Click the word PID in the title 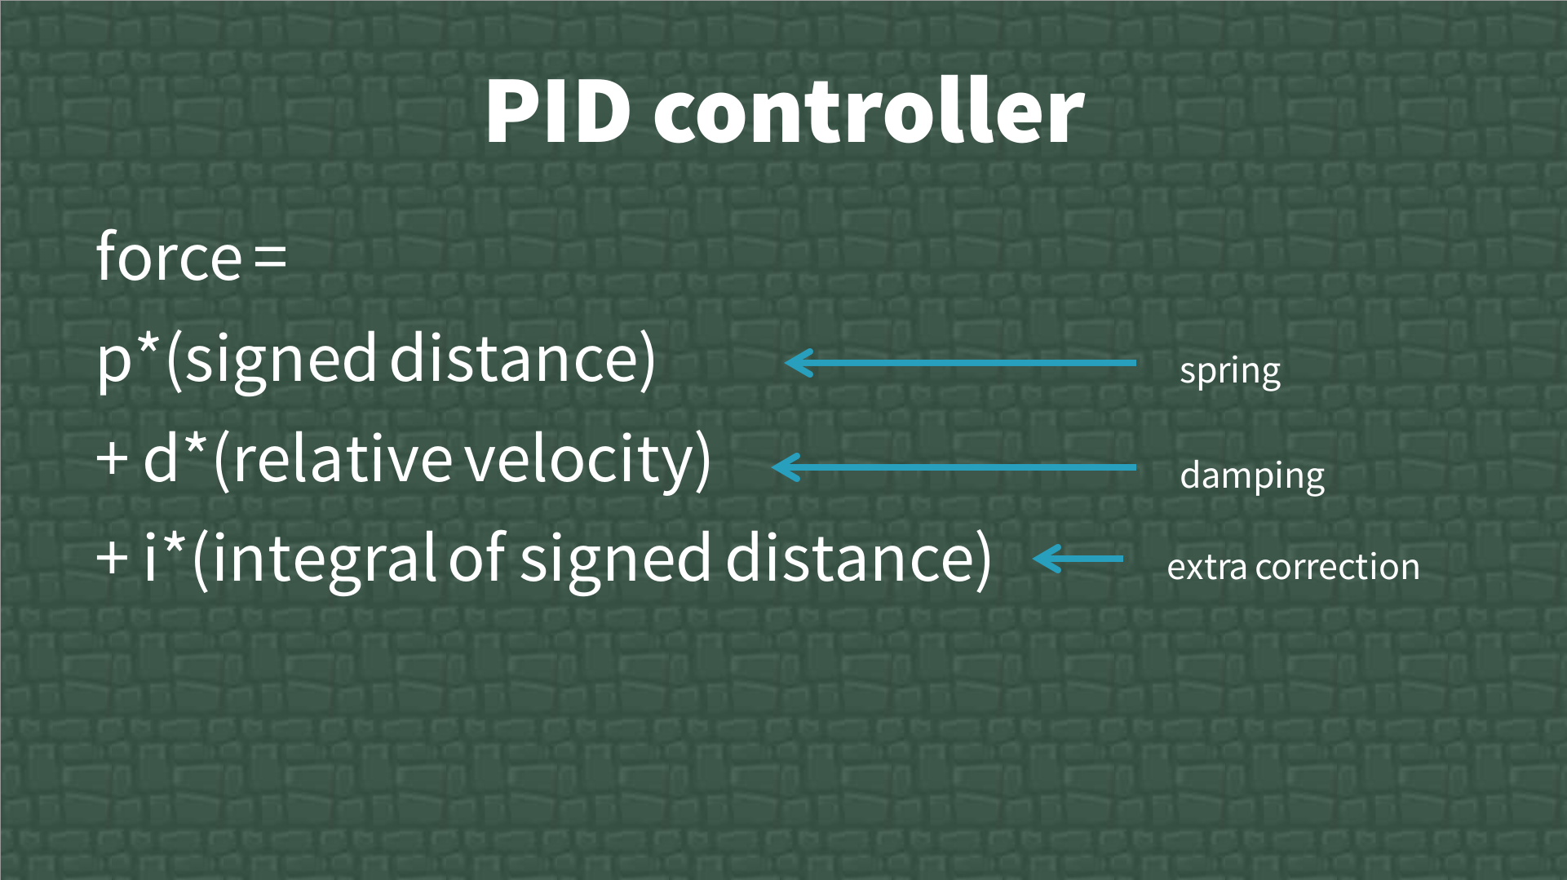point(558,112)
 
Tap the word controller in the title point(869,110)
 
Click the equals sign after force point(270,258)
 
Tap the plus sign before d point(112,459)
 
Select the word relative point(342,458)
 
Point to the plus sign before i point(112,559)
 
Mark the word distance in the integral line point(849,558)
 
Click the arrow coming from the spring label point(960,363)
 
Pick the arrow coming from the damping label point(954,467)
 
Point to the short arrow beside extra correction point(1078,559)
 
